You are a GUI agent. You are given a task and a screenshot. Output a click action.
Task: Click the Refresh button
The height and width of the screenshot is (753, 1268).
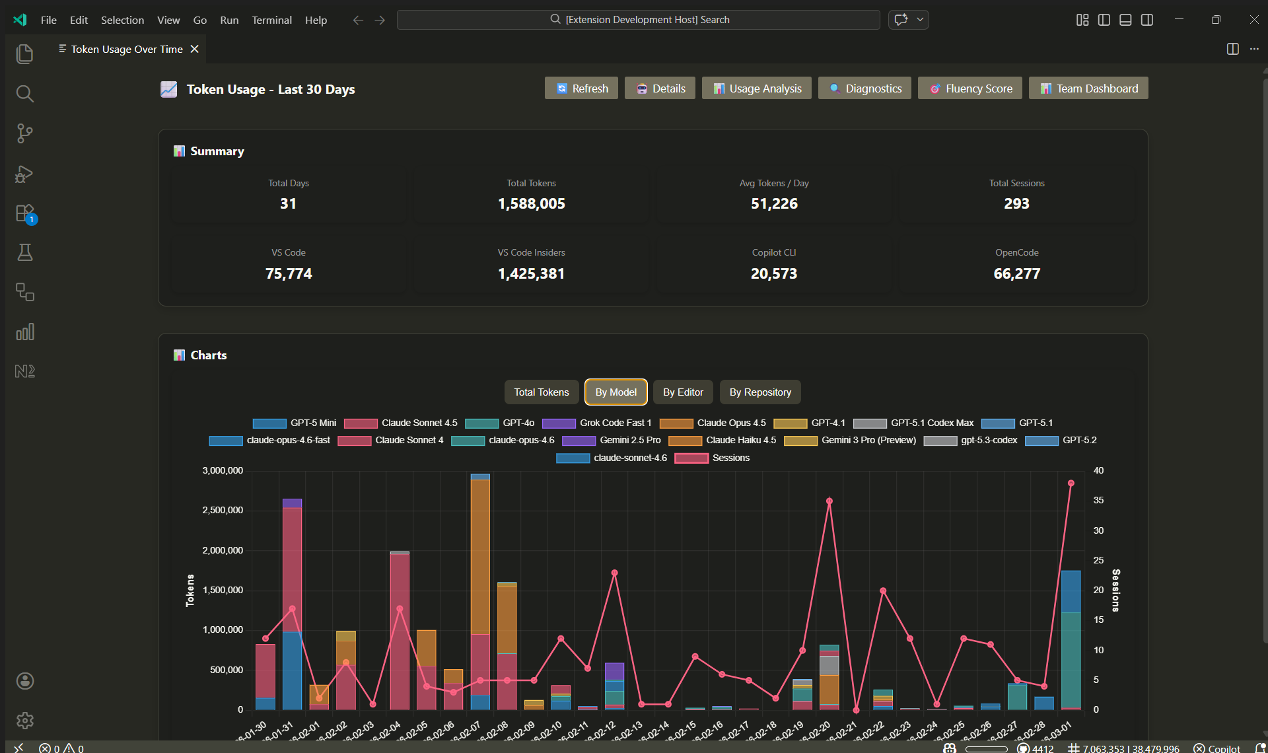pos(581,89)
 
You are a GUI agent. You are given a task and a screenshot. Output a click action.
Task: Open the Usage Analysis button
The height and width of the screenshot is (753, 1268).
pos(757,89)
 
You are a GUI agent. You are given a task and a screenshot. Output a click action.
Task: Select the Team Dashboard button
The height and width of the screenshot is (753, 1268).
pos(1088,89)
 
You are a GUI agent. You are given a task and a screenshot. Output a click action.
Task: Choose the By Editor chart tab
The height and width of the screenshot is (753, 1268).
pos(683,392)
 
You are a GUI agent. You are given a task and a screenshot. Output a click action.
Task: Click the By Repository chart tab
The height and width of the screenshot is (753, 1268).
pos(760,392)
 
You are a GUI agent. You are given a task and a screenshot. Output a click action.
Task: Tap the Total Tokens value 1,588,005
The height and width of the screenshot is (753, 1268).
pos(532,204)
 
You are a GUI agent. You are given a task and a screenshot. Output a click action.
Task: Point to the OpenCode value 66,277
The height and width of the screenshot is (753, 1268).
pos(1016,274)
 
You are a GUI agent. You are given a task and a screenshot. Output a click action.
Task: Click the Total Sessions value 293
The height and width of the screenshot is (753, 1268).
pos(1016,204)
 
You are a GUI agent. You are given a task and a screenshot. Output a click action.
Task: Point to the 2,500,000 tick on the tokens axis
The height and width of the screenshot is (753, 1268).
pos(223,511)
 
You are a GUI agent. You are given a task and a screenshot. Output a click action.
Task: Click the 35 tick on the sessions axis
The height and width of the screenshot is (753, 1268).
pos(1098,501)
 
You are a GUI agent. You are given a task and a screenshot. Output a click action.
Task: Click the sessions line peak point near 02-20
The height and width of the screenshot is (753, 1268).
pos(829,501)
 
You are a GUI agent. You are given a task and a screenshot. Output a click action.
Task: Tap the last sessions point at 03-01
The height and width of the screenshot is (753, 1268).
pos(1071,484)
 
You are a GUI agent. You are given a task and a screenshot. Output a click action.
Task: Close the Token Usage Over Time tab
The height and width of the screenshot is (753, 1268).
pos(195,50)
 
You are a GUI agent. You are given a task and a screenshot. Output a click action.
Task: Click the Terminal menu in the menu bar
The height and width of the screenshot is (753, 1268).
pos(271,20)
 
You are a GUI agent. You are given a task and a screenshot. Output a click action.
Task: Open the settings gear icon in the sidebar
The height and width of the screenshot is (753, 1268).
pos(25,721)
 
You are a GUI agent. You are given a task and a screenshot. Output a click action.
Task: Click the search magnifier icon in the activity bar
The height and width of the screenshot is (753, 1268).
pos(25,94)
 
